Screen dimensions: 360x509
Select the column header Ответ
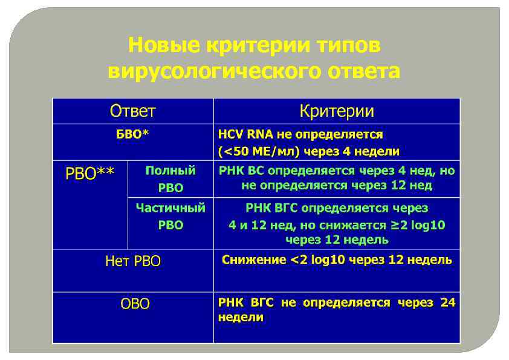[x=132, y=111]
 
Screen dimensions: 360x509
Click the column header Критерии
[x=337, y=111]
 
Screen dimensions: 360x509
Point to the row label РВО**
[x=90, y=174]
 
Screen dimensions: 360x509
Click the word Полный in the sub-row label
[x=170, y=171]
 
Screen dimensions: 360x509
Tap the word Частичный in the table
[x=170, y=208]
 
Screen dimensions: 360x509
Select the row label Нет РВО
[x=133, y=262]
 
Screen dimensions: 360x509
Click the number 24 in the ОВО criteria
[x=447, y=303]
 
